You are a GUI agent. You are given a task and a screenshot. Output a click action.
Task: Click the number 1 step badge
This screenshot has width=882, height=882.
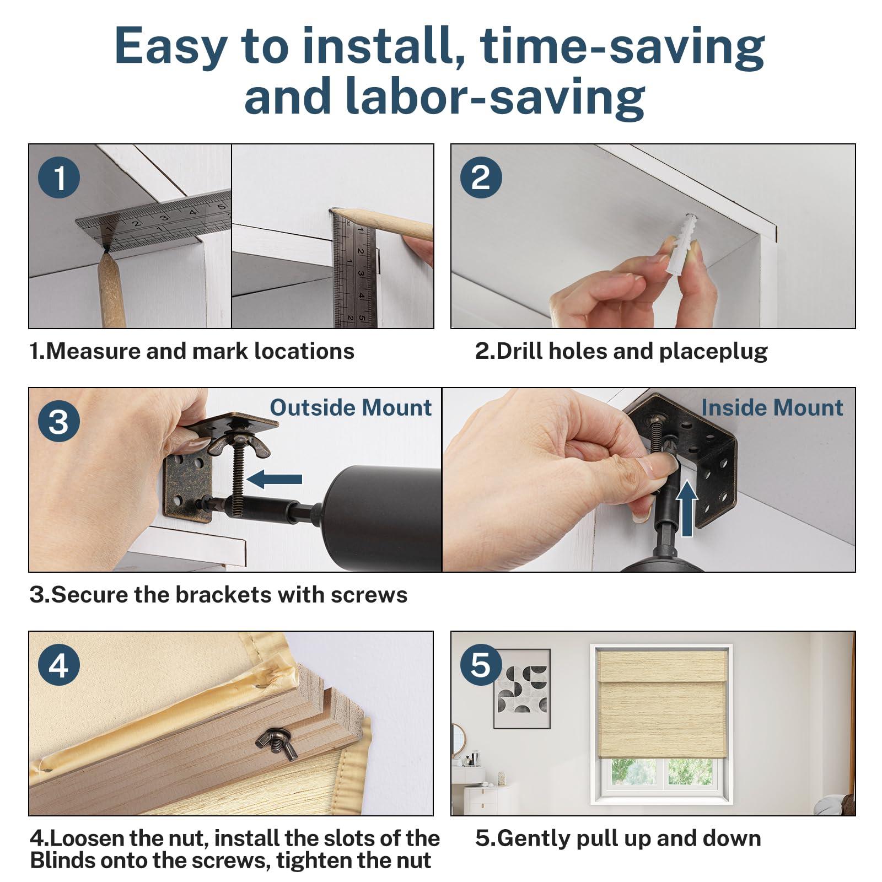(59, 178)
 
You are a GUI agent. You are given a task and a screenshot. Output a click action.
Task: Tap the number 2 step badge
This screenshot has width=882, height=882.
(481, 178)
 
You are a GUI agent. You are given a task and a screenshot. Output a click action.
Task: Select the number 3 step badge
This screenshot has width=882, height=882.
(59, 422)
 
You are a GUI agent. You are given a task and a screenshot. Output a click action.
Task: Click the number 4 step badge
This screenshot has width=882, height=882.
(59, 665)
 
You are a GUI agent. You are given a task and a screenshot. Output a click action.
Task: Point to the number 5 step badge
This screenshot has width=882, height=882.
(481, 665)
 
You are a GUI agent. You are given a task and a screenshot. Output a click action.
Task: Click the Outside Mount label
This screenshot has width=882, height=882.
(351, 408)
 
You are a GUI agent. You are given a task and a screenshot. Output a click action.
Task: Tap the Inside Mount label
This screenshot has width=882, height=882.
(772, 408)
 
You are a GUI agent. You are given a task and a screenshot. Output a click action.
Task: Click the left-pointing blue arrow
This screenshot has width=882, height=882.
(275, 479)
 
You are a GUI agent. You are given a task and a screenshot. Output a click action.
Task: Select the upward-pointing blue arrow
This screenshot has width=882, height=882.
(687, 508)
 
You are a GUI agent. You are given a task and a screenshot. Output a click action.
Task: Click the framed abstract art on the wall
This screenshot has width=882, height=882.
(521, 689)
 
